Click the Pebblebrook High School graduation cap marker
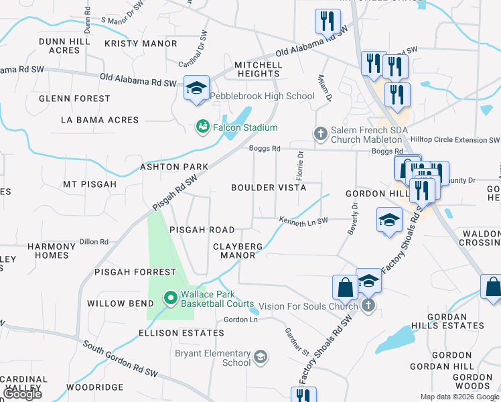197,88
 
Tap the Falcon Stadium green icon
201,126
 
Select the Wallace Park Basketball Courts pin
170,297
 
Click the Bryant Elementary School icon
260,356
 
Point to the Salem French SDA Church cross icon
321,133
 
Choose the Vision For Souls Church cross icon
368,306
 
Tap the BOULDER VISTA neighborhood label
269,188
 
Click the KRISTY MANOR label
141,44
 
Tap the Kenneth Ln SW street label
303,220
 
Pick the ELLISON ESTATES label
181,333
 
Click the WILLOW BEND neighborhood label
116,303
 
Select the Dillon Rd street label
94,242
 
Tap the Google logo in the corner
21,393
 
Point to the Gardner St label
295,342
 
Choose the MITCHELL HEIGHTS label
258,69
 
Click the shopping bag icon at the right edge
492,287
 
